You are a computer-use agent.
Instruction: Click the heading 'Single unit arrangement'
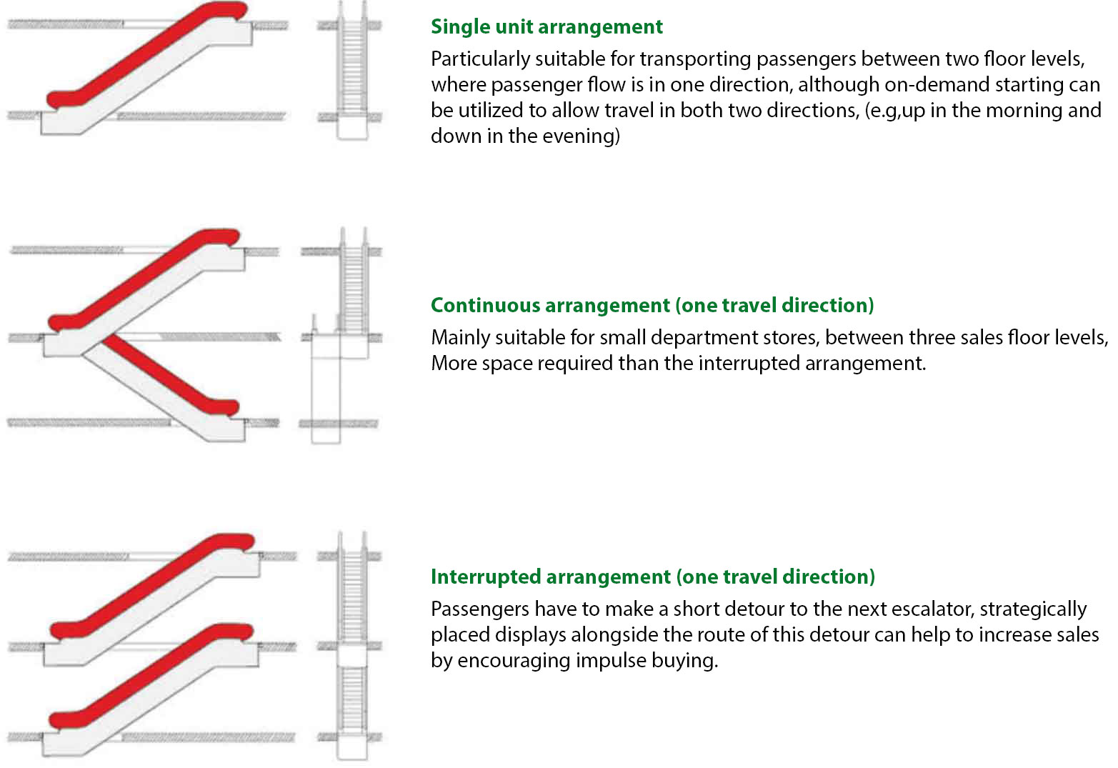[546, 27]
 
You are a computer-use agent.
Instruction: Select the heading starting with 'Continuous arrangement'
[652, 306]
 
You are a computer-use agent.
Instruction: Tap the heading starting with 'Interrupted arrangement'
[652, 577]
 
